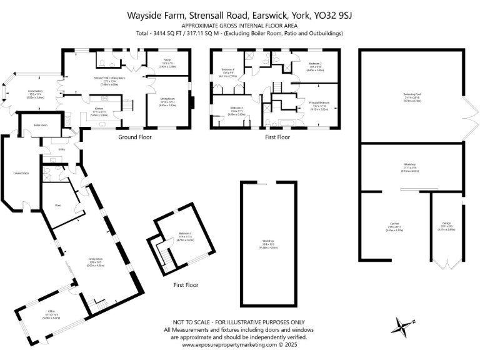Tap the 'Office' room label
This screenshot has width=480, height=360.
pos(51,311)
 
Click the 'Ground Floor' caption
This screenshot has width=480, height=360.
pos(135,137)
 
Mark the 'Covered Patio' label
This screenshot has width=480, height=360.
pos(22,173)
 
